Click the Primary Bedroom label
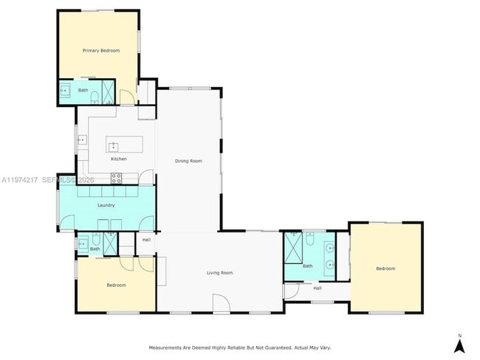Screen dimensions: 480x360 click(x=101, y=50)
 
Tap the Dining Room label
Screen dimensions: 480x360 click(x=188, y=161)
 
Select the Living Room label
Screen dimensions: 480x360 click(x=219, y=272)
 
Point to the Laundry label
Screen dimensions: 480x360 click(x=106, y=205)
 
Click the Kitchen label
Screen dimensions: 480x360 click(x=118, y=159)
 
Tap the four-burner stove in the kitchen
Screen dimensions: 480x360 click(x=116, y=178)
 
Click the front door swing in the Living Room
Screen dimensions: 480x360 click(x=222, y=304)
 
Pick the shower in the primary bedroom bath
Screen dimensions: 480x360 click(x=108, y=91)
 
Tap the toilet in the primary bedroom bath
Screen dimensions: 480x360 click(x=95, y=97)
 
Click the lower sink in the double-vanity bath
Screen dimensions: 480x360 click(x=330, y=264)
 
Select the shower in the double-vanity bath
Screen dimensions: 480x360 click(x=293, y=248)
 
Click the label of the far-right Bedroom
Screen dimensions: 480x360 click(x=385, y=269)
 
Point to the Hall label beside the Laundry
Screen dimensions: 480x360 click(x=146, y=240)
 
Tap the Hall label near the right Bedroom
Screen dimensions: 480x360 click(x=318, y=288)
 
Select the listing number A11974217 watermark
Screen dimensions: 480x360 click(x=20, y=180)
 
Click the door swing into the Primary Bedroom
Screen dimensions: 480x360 click(x=126, y=97)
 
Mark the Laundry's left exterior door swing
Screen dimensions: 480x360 click(x=66, y=223)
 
